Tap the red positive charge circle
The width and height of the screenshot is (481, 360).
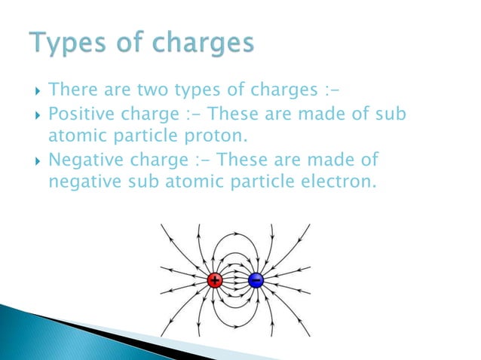(x=216, y=281)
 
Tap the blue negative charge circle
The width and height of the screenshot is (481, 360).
(x=256, y=281)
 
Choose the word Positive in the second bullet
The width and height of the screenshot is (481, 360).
(x=77, y=114)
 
